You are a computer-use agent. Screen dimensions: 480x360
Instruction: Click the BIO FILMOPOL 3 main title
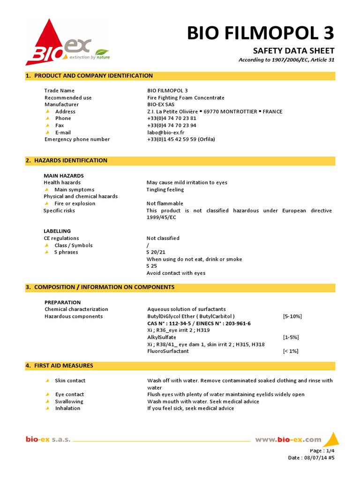(261, 33)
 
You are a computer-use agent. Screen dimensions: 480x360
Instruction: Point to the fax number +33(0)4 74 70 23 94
(172, 125)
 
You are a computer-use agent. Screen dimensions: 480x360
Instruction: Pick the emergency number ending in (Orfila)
(181, 139)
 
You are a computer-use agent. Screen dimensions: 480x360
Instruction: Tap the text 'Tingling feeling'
(165, 189)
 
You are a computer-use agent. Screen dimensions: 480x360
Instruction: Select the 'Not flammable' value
(165, 203)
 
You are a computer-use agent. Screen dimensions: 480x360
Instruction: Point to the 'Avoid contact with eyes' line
(176, 273)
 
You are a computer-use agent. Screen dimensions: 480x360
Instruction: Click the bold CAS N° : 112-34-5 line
(199, 323)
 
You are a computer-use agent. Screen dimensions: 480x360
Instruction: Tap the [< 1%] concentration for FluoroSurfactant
(291, 351)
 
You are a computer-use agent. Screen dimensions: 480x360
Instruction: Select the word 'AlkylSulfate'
(162, 337)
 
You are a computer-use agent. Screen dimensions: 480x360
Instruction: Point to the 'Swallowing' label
(69, 401)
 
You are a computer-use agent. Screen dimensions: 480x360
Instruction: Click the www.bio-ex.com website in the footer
(288, 439)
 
